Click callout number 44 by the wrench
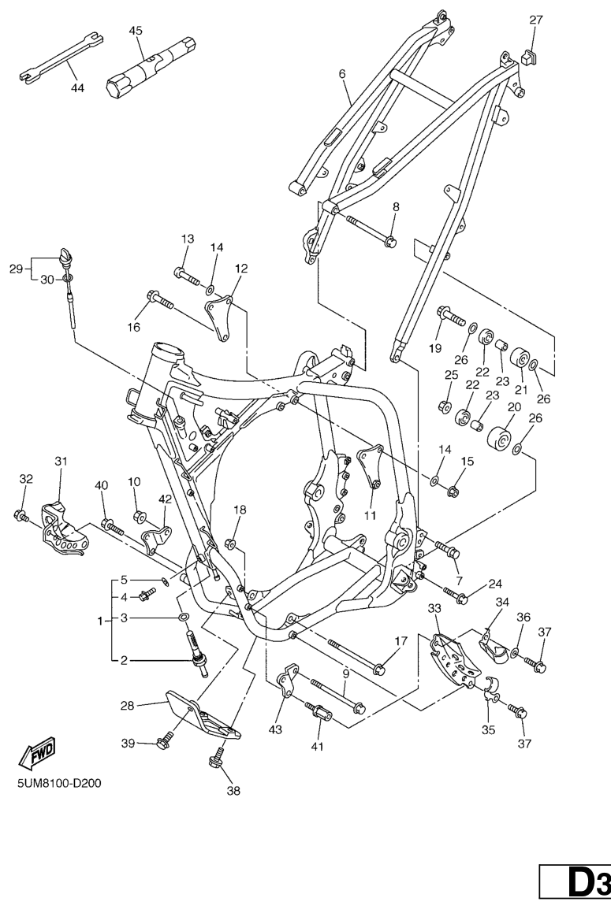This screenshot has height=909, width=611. (77, 88)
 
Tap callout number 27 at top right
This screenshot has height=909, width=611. (536, 20)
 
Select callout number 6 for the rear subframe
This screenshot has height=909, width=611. (342, 73)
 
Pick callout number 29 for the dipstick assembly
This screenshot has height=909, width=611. (15, 269)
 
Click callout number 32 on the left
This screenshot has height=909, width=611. (25, 478)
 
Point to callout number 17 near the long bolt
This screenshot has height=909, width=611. (401, 641)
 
